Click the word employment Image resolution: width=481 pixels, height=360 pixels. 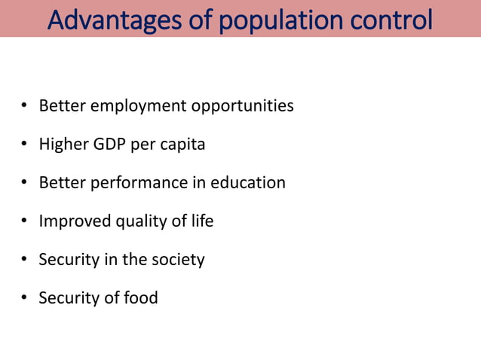pos(138,105)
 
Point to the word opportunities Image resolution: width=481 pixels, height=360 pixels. pos(242,105)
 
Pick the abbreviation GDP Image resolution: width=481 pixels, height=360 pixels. pos(110,144)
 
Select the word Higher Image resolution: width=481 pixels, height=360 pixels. pos(63,144)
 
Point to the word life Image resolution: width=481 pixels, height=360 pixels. pos(201,221)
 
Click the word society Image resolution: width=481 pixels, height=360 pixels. pos(178,259)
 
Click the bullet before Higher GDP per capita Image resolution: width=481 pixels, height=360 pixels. pos(24,145)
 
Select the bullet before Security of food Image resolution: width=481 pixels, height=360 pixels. pos(24,298)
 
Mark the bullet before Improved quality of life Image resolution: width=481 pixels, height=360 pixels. pos(24,221)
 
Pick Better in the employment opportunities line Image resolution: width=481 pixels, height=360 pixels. pos(63,105)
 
